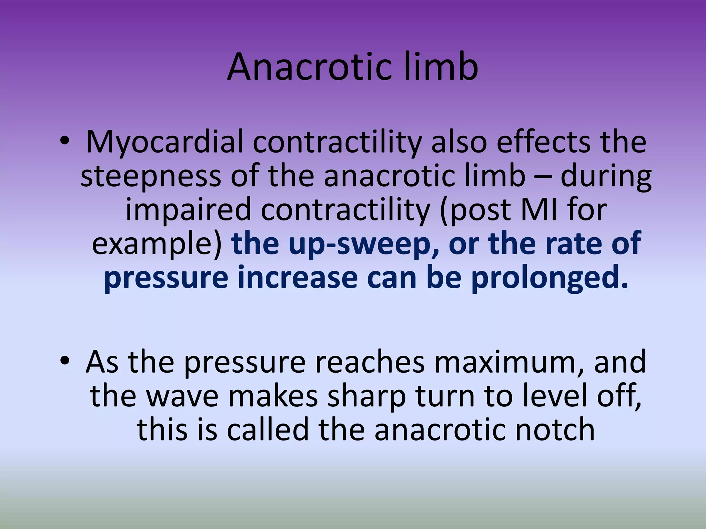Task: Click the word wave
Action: [x=182, y=396]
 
